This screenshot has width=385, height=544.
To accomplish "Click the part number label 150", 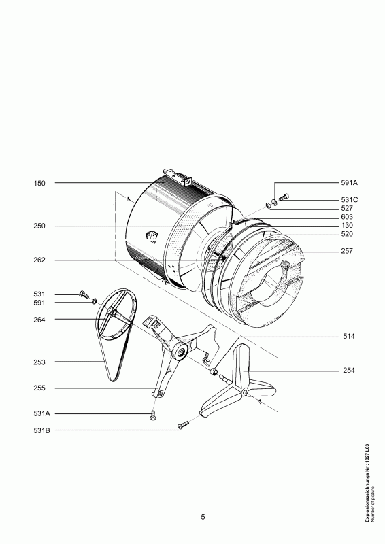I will (39, 184).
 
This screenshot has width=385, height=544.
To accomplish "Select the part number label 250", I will (39, 226).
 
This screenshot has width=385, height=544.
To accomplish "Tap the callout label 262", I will (39, 260).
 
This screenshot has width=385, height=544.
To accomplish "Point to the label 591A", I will (350, 183).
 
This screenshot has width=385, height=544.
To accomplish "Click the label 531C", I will (350, 199).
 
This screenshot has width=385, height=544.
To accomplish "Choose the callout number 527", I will (347, 208).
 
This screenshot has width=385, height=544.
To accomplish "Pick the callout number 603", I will (347, 217).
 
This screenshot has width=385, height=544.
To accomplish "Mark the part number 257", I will (347, 251).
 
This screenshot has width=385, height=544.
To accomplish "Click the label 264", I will (39, 319).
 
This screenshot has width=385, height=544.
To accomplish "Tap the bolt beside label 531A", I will (153, 415).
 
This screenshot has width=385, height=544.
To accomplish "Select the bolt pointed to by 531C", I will (284, 197).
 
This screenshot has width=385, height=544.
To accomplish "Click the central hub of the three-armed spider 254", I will (243, 394).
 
